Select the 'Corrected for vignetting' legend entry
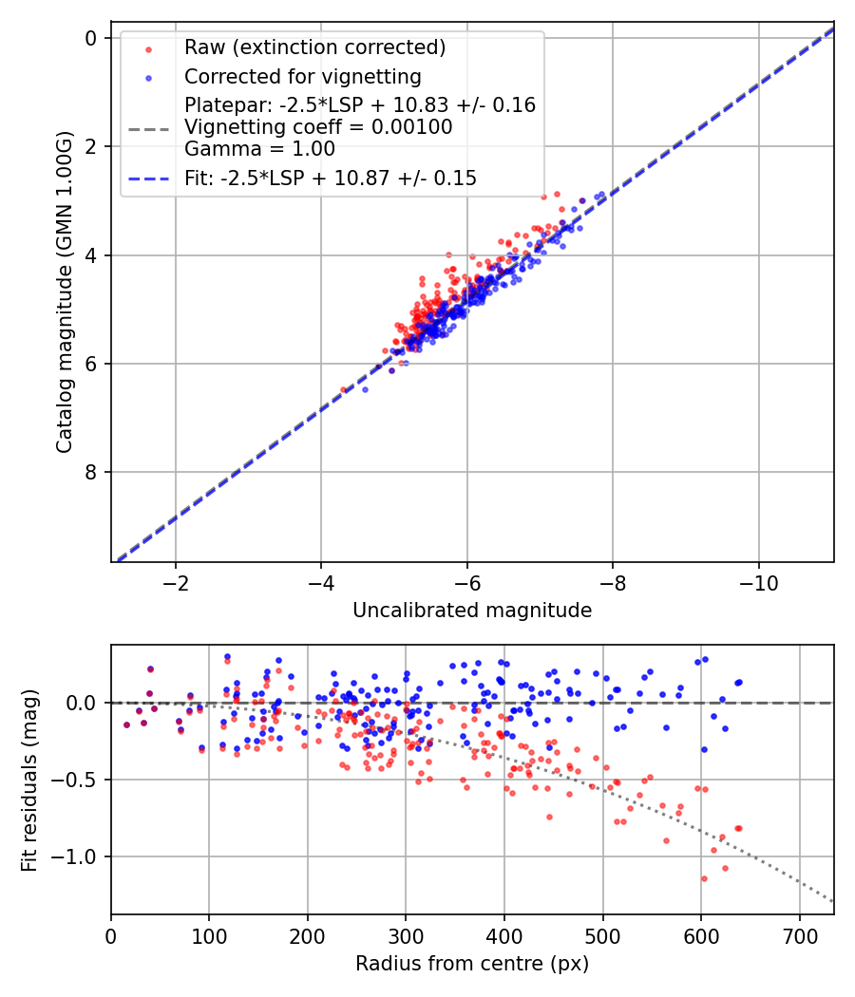pyautogui.click(x=302, y=76)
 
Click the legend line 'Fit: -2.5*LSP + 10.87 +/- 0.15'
pyautogui.click(x=330, y=178)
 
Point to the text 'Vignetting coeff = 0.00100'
pyautogui.click(x=318, y=127)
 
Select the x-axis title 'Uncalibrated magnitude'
pyautogui.click(x=472, y=611)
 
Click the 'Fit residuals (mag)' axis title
pyautogui.click(x=29, y=781)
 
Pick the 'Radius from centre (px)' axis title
pyautogui.click(x=472, y=964)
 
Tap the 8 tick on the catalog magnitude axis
pyautogui.click(x=91, y=472)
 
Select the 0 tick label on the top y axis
pyautogui.click(x=91, y=38)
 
